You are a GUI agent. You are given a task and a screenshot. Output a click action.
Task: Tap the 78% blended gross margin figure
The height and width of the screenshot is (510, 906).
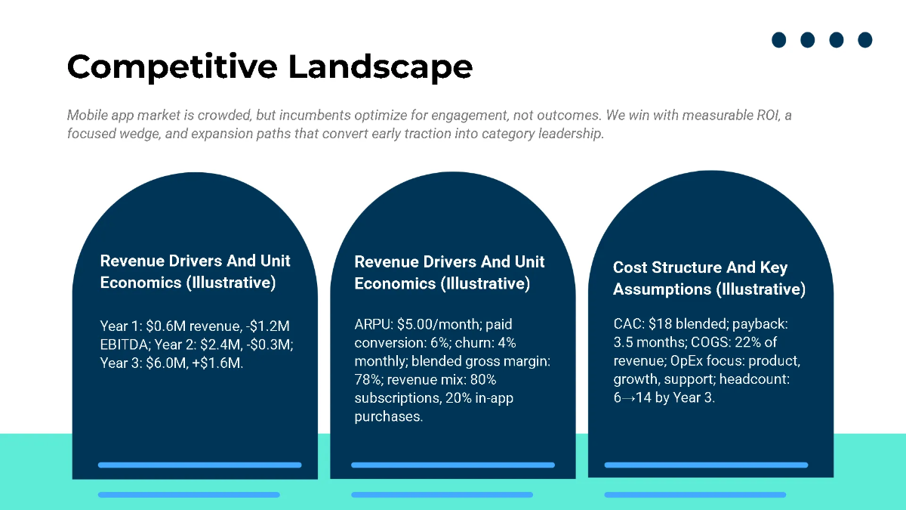tap(368, 379)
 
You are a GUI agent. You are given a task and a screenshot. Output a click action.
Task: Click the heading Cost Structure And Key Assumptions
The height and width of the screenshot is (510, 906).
tap(708, 278)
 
